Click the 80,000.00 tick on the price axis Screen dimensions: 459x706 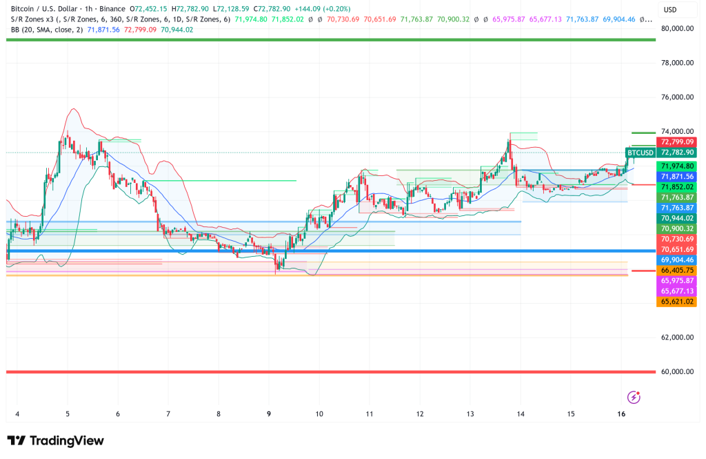point(676,29)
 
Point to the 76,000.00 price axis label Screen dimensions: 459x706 point(676,97)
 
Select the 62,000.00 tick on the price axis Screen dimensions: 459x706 point(676,338)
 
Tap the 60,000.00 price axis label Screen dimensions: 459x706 point(676,372)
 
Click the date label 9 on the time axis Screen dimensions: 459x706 point(269,414)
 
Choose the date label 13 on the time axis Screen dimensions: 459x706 point(470,414)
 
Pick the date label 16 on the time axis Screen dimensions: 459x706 point(621,414)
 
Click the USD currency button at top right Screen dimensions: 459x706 point(669,10)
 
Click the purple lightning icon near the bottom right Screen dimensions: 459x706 point(634,397)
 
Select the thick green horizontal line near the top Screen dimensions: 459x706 point(331,39)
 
